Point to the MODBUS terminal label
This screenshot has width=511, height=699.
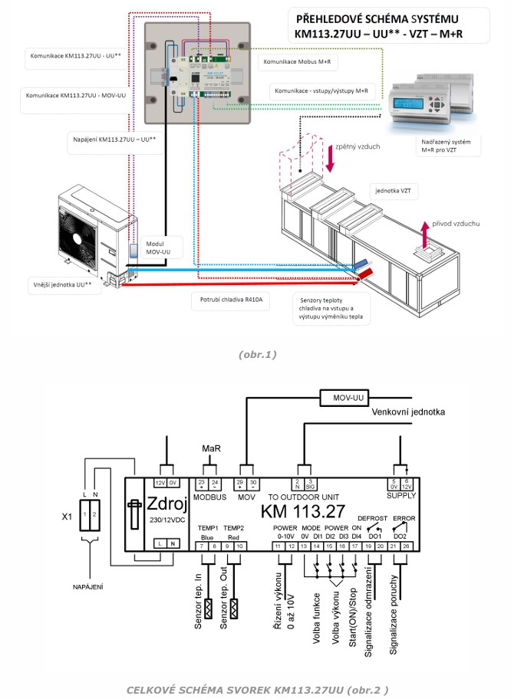[209, 497]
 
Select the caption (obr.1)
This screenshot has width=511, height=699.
[256, 354]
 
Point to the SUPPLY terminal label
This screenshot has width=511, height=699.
[401, 496]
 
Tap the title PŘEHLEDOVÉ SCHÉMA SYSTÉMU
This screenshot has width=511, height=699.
[378, 19]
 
